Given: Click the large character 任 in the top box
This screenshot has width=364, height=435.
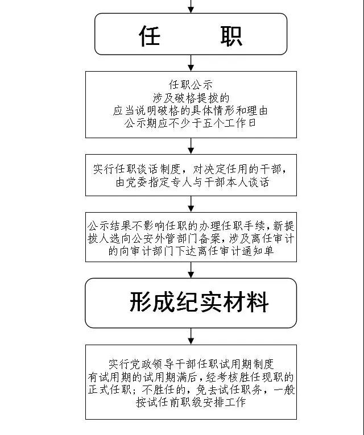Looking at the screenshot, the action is pyautogui.click(x=150, y=36).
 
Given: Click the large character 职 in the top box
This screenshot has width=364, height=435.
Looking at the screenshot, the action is pyautogui.click(x=231, y=36).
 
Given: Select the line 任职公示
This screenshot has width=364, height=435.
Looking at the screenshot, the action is pyautogui.click(x=191, y=85).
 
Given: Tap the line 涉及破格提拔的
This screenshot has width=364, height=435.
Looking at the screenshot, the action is pyautogui.click(x=191, y=98).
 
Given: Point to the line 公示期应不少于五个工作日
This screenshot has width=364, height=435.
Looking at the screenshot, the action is pyautogui.click(x=191, y=123).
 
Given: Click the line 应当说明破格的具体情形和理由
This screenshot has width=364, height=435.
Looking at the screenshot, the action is pyautogui.click(x=191, y=111).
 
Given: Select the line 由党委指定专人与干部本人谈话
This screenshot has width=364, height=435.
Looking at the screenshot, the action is pyautogui.click(x=193, y=183).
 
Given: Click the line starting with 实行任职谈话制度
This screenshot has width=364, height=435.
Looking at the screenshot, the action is pyautogui.click(x=190, y=169).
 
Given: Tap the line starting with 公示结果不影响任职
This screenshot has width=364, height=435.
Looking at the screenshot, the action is pyautogui.click(x=191, y=226).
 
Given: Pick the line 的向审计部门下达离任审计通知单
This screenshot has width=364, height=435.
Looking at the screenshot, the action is pyautogui.click(x=191, y=251).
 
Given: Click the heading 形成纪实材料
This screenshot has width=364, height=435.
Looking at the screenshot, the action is pyautogui.click(x=199, y=302).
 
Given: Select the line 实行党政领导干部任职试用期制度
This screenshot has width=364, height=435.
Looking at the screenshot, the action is pyautogui.click(x=191, y=364).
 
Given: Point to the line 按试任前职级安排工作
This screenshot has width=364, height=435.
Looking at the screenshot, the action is pyautogui.click(x=191, y=402).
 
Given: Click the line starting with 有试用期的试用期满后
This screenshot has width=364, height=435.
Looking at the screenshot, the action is pyautogui.click(x=191, y=377).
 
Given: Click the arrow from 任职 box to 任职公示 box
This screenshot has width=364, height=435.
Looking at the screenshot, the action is pyautogui.click(x=191, y=63).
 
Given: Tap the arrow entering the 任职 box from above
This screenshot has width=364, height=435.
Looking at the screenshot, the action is pyautogui.click(x=191, y=6).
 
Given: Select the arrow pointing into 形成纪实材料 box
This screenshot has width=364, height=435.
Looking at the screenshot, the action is pyautogui.click(x=191, y=270).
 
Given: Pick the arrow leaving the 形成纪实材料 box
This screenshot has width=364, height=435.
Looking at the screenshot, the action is pyautogui.click(x=191, y=336).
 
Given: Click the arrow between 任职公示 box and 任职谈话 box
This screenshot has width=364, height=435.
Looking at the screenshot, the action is pyautogui.click(x=191, y=146).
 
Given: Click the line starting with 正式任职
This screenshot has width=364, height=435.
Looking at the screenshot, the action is pyautogui.click(x=192, y=390).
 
